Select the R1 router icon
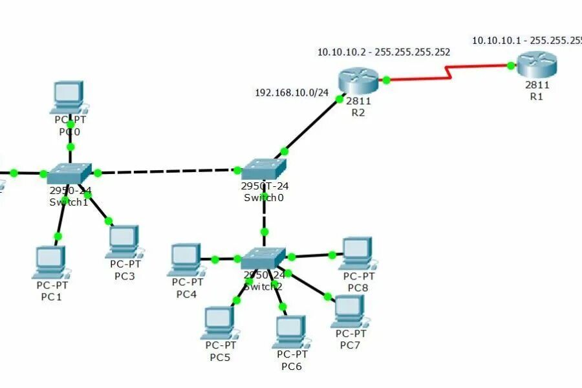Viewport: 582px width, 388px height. [536, 65]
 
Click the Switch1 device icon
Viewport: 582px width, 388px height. [70, 173]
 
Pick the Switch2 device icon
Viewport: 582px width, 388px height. [263, 258]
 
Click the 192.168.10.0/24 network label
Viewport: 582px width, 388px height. [292, 93]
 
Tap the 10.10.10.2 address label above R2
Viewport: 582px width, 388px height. [383, 52]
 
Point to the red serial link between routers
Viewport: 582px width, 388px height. [446, 73]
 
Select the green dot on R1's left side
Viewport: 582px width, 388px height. [511, 65]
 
